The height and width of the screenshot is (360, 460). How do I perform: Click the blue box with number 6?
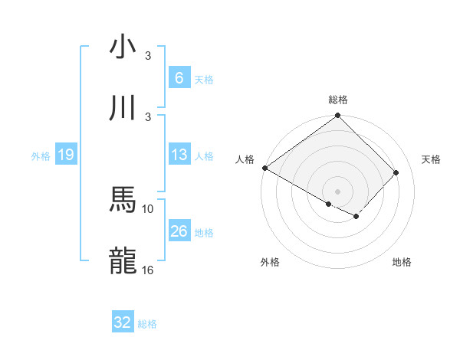click(x=179, y=78)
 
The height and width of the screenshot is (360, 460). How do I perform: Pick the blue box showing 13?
click(x=179, y=155)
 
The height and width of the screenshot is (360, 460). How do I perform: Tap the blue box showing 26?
click(x=179, y=231)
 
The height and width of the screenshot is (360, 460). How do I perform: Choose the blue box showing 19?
click(x=65, y=155)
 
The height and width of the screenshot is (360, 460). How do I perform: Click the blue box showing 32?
click(x=123, y=322)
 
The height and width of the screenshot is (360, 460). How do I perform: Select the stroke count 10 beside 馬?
click(x=148, y=208)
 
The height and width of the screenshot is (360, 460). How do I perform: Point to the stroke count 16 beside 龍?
click(x=148, y=270)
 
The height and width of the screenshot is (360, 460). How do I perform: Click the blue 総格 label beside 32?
click(x=147, y=323)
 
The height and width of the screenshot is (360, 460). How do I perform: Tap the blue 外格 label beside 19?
click(x=41, y=155)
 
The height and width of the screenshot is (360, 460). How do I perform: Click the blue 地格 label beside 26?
click(x=204, y=232)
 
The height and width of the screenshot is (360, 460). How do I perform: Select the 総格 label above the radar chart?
click(x=338, y=100)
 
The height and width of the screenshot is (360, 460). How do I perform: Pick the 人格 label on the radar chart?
click(x=245, y=159)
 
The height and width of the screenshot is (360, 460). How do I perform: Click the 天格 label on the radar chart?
click(x=431, y=159)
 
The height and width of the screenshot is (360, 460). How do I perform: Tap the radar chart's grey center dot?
click(x=337, y=191)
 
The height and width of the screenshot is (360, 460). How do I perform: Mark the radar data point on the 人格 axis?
click(x=264, y=168)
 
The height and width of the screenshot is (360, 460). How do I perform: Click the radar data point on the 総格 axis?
click(x=337, y=116)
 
